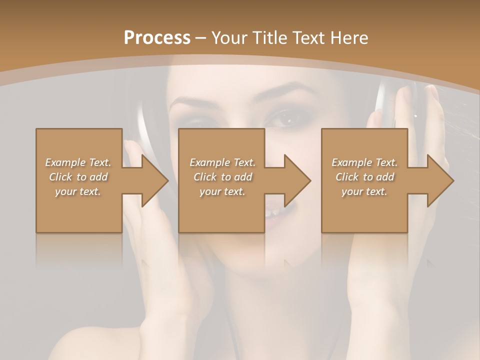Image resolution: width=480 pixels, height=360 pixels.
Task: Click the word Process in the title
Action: click(x=157, y=37)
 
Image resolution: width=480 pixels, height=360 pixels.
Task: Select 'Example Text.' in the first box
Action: click(x=78, y=162)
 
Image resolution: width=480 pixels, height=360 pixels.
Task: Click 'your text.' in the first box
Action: click(x=78, y=191)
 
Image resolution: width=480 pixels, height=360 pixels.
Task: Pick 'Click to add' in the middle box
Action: click(x=222, y=177)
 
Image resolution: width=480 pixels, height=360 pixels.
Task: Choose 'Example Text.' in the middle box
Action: click(x=222, y=162)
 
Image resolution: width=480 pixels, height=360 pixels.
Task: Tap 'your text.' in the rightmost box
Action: click(x=364, y=191)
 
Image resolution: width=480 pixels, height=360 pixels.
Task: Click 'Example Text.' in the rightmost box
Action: click(x=364, y=162)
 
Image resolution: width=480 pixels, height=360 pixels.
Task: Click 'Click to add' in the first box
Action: click(x=78, y=177)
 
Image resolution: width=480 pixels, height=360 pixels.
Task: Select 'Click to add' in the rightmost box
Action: click(x=364, y=177)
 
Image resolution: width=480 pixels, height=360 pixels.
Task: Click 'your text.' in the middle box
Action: click(x=222, y=191)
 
